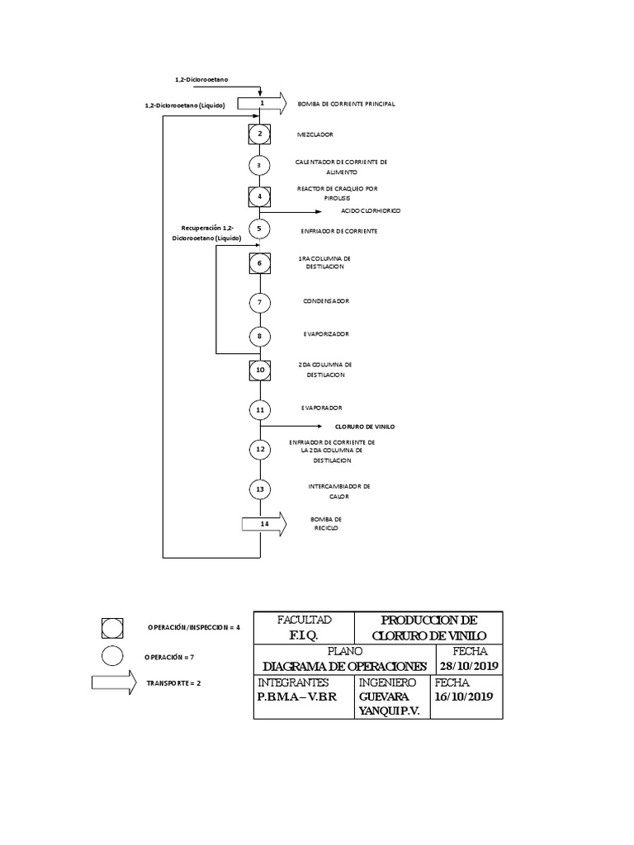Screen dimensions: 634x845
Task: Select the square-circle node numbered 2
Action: [x=260, y=133]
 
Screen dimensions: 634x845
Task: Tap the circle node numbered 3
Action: [x=260, y=165]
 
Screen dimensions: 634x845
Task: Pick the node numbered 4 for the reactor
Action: [x=260, y=196]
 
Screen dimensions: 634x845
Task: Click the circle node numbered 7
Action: [x=260, y=302]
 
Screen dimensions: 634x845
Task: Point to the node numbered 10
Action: [x=260, y=371]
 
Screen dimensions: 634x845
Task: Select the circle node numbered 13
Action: [x=260, y=489]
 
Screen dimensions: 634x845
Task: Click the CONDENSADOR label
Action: [x=325, y=301]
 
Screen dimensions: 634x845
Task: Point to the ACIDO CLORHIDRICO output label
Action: [x=371, y=211]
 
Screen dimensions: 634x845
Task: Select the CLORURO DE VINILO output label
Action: [x=365, y=427]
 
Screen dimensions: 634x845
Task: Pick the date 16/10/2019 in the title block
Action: [x=464, y=696]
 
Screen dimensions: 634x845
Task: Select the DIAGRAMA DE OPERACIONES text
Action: [x=345, y=666]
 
